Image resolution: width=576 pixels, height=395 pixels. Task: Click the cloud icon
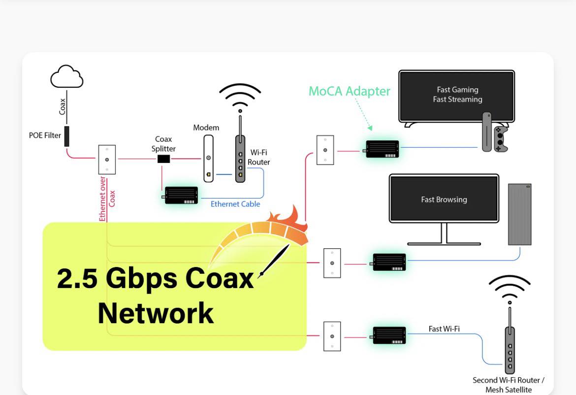tap(66, 77)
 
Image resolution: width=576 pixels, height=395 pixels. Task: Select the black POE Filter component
tap(66, 136)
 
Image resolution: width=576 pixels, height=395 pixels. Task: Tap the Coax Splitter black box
tap(163, 159)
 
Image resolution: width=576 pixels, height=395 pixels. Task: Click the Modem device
tap(209, 159)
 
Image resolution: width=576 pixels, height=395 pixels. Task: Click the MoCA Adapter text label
tap(349, 91)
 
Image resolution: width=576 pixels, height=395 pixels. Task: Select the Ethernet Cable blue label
tap(235, 204)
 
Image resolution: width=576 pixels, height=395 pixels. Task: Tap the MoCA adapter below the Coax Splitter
tap(181, 196)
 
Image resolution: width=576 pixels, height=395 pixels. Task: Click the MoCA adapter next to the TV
tap(382, 149)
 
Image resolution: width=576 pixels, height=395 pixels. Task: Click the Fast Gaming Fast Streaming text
tap(457, 95)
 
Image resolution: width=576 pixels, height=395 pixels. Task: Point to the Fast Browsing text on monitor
tap(444, 199)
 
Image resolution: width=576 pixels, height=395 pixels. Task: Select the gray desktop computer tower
tap(520, 214)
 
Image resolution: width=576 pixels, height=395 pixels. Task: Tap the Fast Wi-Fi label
tap(444, 329)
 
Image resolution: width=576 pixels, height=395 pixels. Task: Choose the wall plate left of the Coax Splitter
tap(107, 159)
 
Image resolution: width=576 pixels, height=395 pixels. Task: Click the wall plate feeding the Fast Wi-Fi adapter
tap(332, 336)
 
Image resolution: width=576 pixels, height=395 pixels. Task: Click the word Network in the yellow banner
tap(156, 313)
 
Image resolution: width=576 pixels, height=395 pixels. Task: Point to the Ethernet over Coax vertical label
tap(107, 198)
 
